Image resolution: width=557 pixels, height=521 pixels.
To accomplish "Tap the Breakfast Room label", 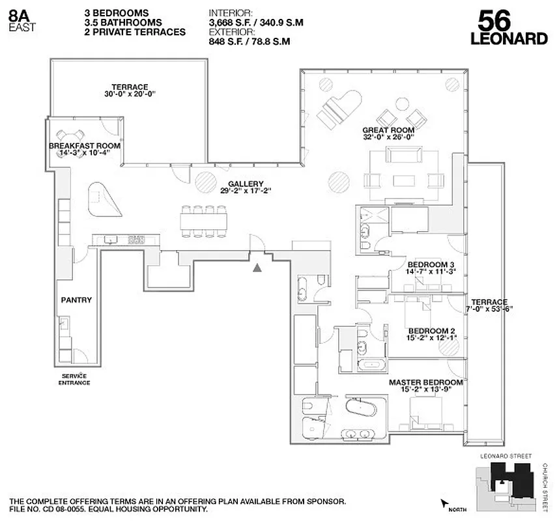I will [85, 146].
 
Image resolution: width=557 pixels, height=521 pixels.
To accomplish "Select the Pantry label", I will [76, 300].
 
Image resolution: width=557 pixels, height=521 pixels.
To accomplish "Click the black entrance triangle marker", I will [259, 266].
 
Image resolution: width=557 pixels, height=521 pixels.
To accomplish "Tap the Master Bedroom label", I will [425, 382].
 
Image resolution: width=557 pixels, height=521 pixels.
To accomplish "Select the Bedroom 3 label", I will [430, 264].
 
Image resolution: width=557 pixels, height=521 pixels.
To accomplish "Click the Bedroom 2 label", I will [430, 330].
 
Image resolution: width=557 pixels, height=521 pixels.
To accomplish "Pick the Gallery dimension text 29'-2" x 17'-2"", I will [246, 191].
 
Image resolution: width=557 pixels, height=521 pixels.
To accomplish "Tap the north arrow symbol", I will [446, 503].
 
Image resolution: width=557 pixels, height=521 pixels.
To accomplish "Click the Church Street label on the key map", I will [545, 485].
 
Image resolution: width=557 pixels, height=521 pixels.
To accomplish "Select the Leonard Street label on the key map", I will [505, 457].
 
